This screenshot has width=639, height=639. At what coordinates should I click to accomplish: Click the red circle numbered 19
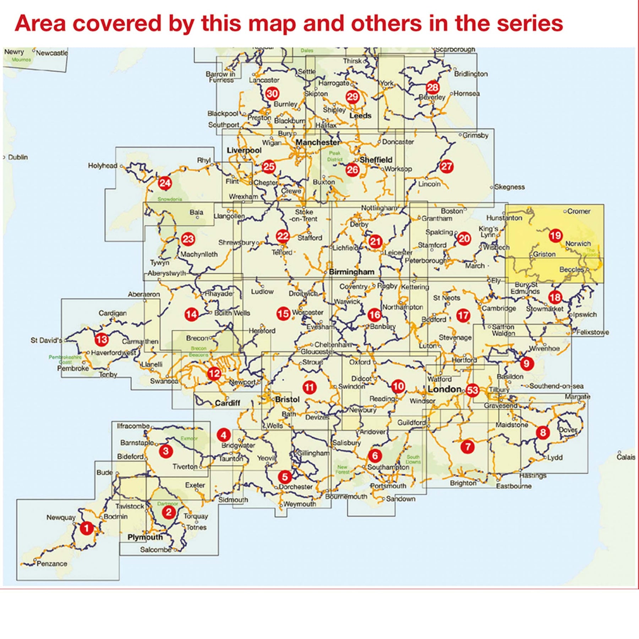[555, 235]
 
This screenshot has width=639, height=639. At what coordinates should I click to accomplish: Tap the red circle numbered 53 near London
[472, 390]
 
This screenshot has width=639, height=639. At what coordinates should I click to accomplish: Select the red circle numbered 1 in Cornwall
[86, 528]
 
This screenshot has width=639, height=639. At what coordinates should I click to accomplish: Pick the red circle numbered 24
[165, 183]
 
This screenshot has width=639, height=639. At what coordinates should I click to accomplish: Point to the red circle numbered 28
[432, 87]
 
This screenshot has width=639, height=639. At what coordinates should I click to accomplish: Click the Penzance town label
[52, 563]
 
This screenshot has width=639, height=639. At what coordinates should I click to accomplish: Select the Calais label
[626, 457]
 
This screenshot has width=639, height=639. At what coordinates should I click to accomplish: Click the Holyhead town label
[102, 165]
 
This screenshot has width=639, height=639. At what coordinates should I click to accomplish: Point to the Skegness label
[509, 187]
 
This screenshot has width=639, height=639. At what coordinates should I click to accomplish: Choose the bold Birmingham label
[351, 272]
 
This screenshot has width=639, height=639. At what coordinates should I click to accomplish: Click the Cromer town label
[579, 211]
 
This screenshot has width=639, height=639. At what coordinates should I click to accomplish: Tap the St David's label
[46, 340]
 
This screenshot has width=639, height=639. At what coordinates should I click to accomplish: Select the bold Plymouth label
[145, 537]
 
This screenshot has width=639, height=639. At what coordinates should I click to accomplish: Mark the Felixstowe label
[592, 332]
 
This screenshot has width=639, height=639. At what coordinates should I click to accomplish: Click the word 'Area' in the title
[40, 24]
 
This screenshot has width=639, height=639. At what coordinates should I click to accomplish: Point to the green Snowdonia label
[170, 199]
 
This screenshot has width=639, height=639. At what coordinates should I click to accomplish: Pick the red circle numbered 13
[102, 339]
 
